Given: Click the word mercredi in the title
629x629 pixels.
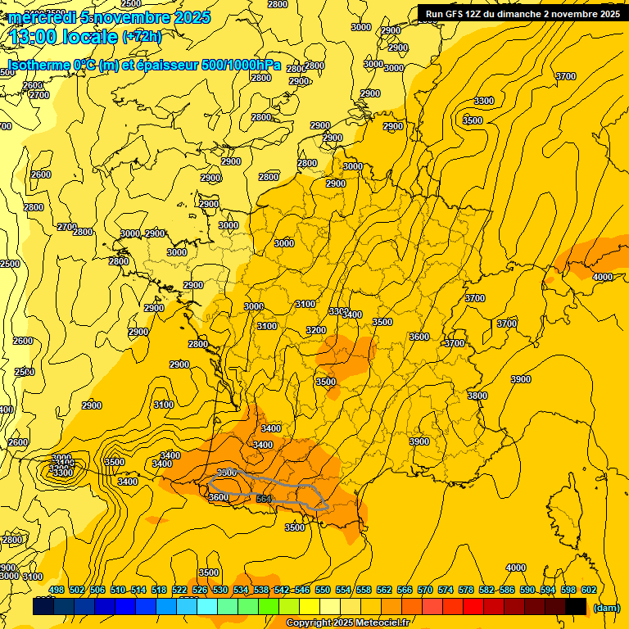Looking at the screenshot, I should point(41,17).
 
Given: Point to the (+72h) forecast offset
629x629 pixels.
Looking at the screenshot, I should point(142,37).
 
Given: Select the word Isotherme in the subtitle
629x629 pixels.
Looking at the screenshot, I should point(38,65).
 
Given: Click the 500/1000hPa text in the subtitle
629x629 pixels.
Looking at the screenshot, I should point(242,65).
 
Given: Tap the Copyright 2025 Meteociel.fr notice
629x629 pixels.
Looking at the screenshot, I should point(347,623).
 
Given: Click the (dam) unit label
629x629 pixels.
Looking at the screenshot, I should point(605,607).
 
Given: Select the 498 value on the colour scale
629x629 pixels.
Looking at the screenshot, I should point(57,590).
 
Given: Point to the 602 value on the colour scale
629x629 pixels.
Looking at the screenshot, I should point(588,590).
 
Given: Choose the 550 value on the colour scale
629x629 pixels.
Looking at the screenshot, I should point(323,590).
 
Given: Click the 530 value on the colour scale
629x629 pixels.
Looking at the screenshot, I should point(220,590).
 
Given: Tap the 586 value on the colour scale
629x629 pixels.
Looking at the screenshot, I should point(507,590).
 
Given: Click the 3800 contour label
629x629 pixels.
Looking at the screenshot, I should point(477,396).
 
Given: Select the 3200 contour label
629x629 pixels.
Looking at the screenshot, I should point(316,330).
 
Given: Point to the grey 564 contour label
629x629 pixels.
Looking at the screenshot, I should point(264,499).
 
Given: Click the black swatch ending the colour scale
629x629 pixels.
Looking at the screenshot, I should point(576,606).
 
